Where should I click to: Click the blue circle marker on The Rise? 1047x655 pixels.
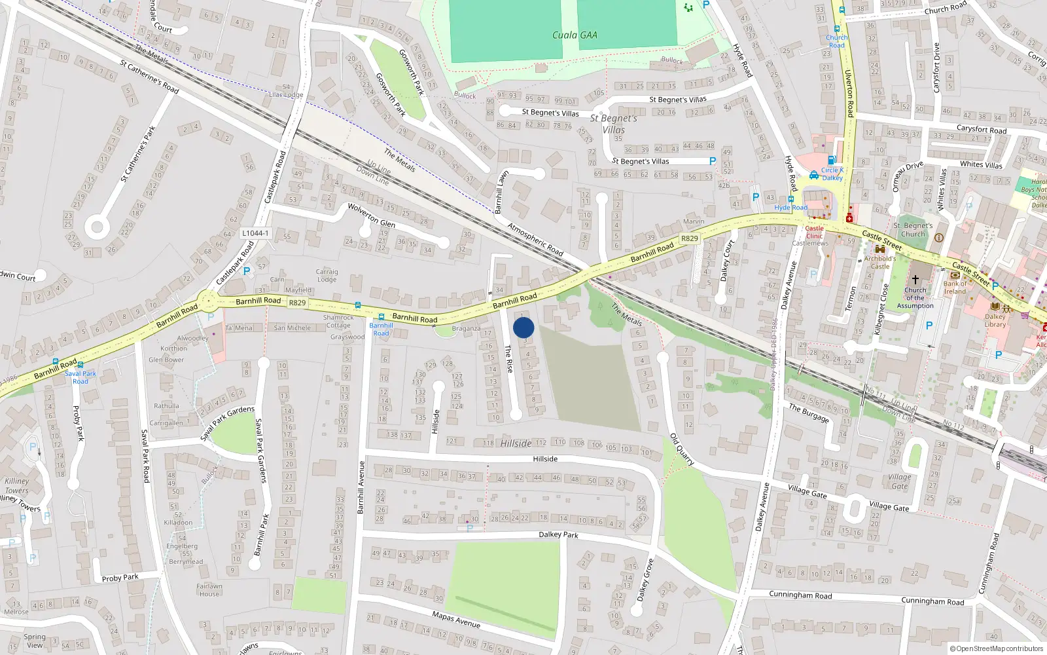(x=523, y=327)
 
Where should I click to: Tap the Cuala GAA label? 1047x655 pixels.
(x=575, y=35)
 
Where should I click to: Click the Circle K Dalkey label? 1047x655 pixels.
(x=832, y=174)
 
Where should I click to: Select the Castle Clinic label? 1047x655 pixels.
(x=815, y=233)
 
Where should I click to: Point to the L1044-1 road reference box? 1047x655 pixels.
(x=255, y=233)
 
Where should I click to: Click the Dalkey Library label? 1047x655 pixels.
(x=995, y=320)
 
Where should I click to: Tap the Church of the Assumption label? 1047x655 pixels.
(x=915, y=298)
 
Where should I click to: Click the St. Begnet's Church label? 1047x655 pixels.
(x=913, y=229)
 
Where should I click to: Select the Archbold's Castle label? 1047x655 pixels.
(x=880, y=262)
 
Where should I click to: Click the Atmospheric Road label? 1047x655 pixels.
(x=535, y=240)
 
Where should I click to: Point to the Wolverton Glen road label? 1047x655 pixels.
(x=371, y=215)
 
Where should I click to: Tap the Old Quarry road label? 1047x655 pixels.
(x=681, y=449)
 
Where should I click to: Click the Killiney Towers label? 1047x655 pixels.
(x=17, y=485)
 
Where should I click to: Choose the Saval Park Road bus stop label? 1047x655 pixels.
(x=80, y=377)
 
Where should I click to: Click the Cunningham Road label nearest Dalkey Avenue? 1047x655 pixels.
(x=800, y=595)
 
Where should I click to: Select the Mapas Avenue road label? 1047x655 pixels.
(x=456, y=620)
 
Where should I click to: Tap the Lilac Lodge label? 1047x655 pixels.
(x=286, y=95)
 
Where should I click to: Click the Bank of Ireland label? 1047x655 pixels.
(x=955, y=288)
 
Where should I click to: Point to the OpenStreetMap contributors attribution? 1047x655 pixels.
(x=996, y=648)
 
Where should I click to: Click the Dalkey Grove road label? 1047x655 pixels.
(x=645, y=580)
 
